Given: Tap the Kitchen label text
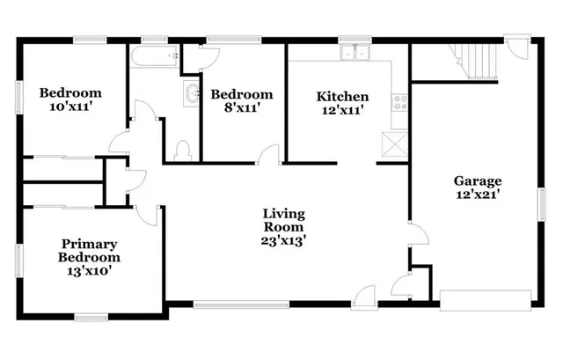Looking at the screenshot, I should [x=342, y=97].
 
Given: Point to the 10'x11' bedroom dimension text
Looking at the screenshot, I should [x=69, y=108].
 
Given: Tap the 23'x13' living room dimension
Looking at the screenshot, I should [x=283, y=239].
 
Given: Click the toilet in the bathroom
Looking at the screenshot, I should [x=183, y=150].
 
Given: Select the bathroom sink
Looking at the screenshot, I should [x=191, y=93].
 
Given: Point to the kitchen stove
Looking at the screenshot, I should [x=398, y=101].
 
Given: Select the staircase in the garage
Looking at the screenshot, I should [x=476, y=60].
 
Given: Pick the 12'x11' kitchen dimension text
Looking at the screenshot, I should [x=342, y=110].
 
